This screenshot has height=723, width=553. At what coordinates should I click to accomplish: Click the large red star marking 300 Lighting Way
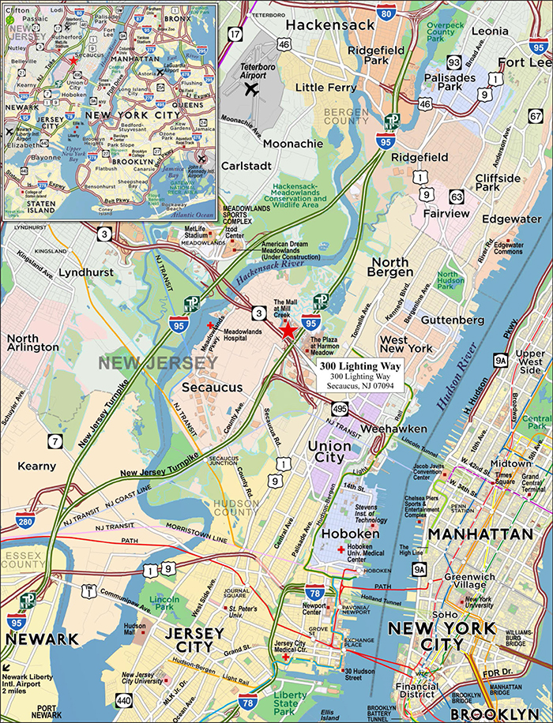(288, 331)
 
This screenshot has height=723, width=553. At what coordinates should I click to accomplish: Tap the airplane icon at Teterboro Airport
(253, 88)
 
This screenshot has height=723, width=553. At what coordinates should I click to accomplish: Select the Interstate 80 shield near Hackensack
(386, 12)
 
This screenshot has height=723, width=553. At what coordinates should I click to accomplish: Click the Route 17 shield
(235, 34)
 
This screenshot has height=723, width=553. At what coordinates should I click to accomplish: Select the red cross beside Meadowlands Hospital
(209, 325)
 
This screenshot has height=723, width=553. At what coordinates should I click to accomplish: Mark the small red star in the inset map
(73, 60)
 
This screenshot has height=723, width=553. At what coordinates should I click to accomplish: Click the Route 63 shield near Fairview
(457, 196)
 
